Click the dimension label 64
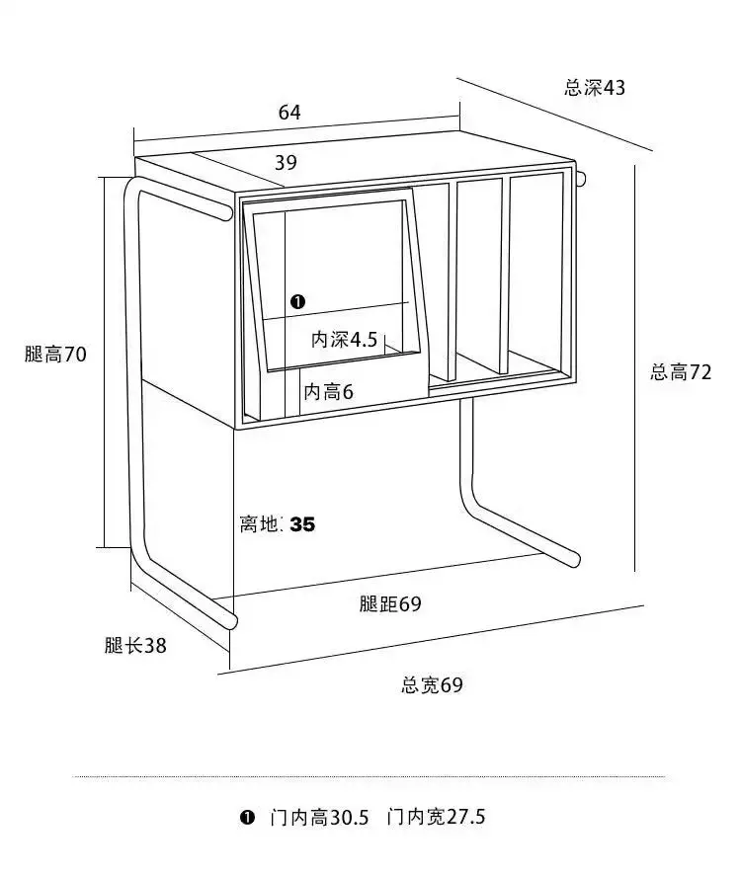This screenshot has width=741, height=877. [x=289, y=113]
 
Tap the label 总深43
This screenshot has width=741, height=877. [x=595, y=88]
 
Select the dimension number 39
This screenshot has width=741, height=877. [x=286, y=163]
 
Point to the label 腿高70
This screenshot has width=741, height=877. [x=56, y=355]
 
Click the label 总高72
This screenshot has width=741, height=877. [x=681, y=372]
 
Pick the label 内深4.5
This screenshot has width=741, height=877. [x=345, y=341]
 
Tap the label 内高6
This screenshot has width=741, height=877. [x=329, y=392]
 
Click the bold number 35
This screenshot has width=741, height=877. [x=302, y=524]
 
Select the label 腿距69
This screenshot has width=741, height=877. [x=390, y=604]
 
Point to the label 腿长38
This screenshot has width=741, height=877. [x=135, y=646]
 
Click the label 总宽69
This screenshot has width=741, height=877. [x=432, y=684]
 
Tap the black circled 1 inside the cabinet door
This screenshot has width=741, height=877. [x=298, y=301]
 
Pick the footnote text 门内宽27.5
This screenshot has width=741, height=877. [x=437, y=818]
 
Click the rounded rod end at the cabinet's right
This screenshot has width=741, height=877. [x=583, y=179]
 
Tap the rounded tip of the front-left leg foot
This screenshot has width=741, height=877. [x=233, y=622]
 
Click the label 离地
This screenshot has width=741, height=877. [x=260, y=524]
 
